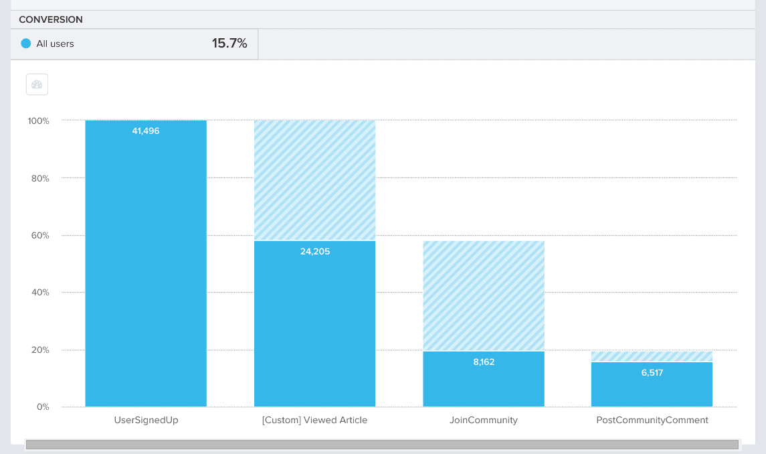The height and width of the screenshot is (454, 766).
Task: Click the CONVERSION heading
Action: click(51, 20)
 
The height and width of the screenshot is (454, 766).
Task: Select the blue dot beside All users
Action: click(26, 44)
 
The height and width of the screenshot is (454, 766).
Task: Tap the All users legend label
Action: click(55, 44)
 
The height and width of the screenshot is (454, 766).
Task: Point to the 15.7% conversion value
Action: click(229, 44)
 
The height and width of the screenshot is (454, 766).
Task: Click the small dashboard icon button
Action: click(37, 84)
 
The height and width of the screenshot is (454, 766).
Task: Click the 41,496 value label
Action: click(146, 131)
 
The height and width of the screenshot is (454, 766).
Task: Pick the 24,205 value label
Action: click(314, 252)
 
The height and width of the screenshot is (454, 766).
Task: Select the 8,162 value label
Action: click(484, 362)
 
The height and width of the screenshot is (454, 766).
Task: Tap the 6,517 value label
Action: click(652, 372)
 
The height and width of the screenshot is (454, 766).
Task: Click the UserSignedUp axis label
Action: click(147, 421)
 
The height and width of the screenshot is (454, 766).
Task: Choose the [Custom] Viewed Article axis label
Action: click(314, 421)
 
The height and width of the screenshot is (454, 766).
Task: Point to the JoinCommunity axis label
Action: click(484, 421)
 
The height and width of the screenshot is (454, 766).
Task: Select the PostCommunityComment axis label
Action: click(652, 421)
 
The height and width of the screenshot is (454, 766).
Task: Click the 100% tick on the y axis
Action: click(38, 121)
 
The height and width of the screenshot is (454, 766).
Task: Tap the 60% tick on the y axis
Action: click(40, 236)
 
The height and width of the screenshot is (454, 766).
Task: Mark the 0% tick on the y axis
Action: click(42, 407)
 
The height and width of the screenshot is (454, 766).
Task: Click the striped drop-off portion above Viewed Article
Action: click(314, 179)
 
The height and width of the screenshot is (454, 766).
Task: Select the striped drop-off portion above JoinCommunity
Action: click(484, 295)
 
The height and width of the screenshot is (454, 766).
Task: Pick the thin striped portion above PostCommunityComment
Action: click(652, 356)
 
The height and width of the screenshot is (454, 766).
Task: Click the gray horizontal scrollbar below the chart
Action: click(381, 445)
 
